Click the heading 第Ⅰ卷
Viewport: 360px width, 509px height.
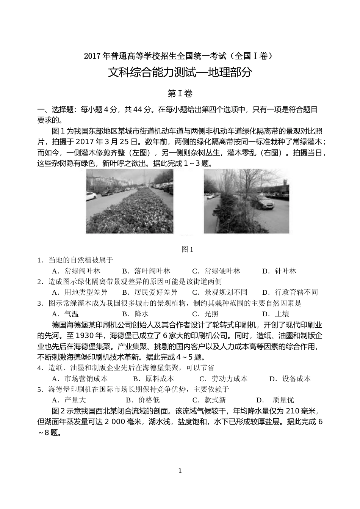[x=180, y=93]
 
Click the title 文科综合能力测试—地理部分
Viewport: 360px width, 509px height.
[x=180, y=72]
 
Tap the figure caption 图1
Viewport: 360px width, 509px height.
[x=188, y=249]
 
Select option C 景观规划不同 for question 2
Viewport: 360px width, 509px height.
[x=220, y=292]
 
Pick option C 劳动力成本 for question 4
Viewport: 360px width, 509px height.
[x=224, y=379]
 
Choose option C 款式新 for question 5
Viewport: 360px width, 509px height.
[x=209, y=400]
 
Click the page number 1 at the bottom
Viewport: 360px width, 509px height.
[x=180, y=471]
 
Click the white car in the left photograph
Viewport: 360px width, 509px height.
[x=92, y=196]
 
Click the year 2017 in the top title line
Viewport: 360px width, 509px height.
[x=93, y=56]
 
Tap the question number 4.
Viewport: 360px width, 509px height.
[x=39, y=368]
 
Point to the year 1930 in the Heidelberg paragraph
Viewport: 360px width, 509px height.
[x=86, y=336]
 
